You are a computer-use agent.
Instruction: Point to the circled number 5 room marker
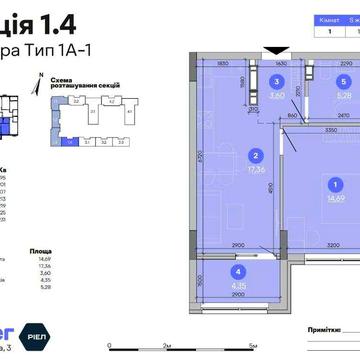coord(343,81)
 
